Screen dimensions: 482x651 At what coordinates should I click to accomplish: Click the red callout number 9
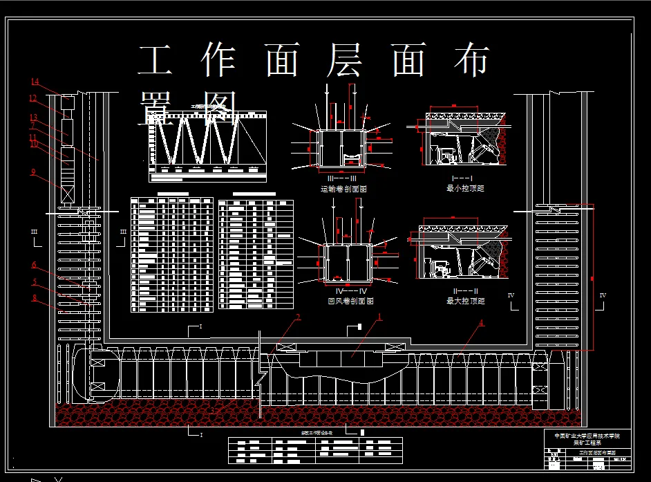[33, 172]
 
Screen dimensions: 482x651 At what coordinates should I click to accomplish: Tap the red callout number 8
[33, 298]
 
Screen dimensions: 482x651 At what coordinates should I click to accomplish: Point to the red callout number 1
[379, 317]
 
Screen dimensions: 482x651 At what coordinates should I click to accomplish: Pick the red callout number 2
[298, 317]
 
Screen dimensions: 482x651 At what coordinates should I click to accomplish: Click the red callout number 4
[481, 322]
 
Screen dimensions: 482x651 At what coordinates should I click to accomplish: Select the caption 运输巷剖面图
[343, 187]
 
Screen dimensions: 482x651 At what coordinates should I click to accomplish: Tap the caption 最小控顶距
[465, 187]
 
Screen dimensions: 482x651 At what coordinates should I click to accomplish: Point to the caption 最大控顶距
[465, 301]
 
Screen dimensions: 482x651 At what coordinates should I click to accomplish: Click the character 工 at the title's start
[155, 61]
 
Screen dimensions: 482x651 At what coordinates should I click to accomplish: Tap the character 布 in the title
[473, 61]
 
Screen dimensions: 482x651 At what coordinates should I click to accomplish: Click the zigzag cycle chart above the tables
[207, 142]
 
